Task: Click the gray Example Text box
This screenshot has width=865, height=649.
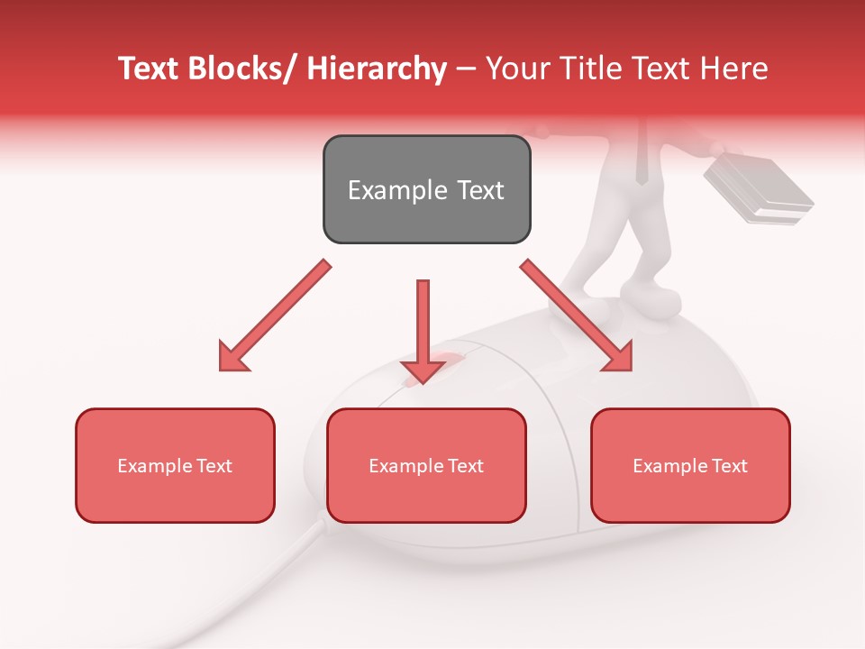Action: click(x=426, y=189)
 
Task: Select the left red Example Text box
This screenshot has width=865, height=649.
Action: click(x=175, y=465)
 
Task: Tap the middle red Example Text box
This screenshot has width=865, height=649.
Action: click(x=426, y=465)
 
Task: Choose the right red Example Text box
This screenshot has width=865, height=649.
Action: click(x=690, y=465)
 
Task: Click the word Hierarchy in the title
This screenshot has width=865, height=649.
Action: click(x=377, y=69)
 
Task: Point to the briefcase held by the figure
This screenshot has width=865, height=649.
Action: click(x=759, y=189)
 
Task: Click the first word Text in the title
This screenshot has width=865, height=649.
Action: click(x=150, y=69)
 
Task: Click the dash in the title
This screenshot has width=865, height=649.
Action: click(x=466, y=69)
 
